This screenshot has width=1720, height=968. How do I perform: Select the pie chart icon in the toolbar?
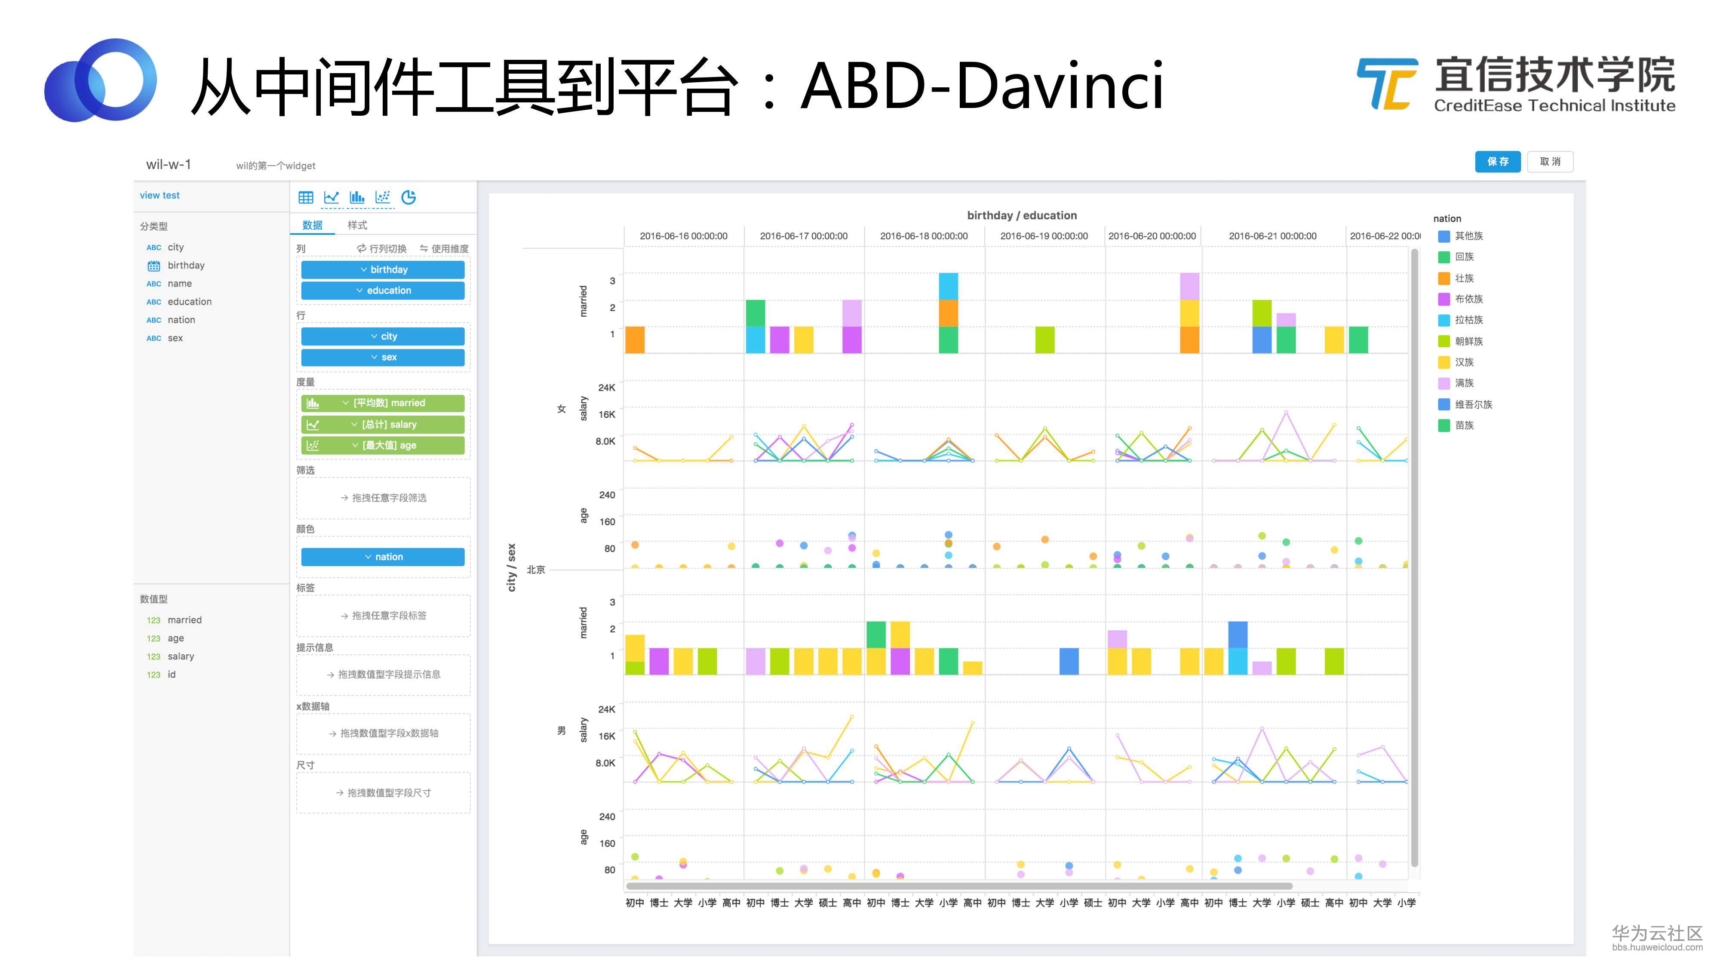coord(408,197)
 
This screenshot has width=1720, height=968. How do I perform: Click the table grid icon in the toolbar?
coord(306,197)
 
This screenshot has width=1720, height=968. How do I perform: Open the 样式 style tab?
coord(357,225)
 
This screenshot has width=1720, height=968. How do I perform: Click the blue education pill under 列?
coord(383,290)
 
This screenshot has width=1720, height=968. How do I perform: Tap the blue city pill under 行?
coord(383,336)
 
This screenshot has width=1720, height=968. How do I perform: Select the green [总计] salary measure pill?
coord(383,424)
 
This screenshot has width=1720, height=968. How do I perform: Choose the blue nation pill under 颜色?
coord(383,556)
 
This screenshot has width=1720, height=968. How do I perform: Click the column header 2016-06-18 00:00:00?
coord(924,236)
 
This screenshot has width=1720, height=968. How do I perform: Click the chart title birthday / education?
coord(1022,215)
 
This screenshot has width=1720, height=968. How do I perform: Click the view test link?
coord(160,195)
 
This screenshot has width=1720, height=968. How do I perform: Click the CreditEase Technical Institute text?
coord(1554,105)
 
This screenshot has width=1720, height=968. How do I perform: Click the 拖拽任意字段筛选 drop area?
coord(383,498)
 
